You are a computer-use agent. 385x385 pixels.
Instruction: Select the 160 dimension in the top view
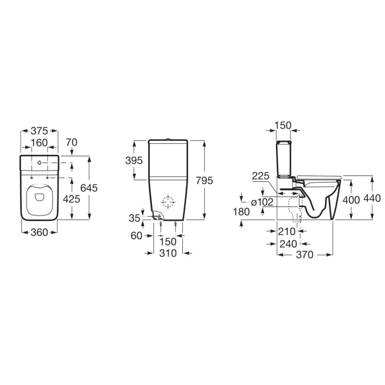40,143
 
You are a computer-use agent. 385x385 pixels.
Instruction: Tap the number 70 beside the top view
72,143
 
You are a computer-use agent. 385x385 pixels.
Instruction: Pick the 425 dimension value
72,198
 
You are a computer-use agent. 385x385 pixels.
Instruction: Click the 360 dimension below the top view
40,232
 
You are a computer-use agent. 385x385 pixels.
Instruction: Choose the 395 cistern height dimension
135,160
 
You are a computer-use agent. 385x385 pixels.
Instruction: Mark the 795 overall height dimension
204,180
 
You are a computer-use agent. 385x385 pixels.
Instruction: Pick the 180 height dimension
242,212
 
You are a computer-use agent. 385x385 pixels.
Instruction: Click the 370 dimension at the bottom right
305,256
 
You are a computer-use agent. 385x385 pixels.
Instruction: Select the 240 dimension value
289,243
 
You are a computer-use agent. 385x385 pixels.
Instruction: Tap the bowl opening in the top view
40,198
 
